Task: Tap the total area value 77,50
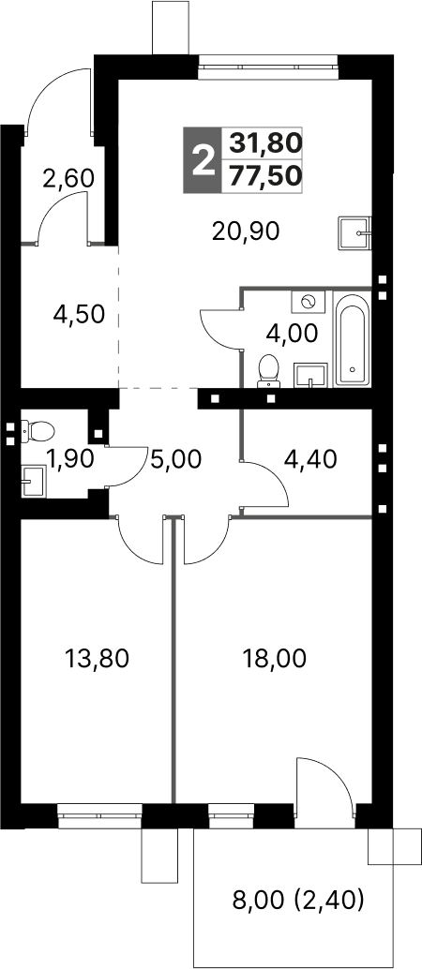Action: tap(265, 175)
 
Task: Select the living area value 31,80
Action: tap(265, 143)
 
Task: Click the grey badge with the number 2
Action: tap(201, 159)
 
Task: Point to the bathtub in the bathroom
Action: tap(353, 339)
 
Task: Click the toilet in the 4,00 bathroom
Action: tap(268, 368)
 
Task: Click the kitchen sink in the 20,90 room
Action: tap(355, 232)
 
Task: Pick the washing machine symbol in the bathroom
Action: tap(309, 302)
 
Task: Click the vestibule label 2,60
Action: tap(68, 178)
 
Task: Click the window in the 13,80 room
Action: tap(98, 814)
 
